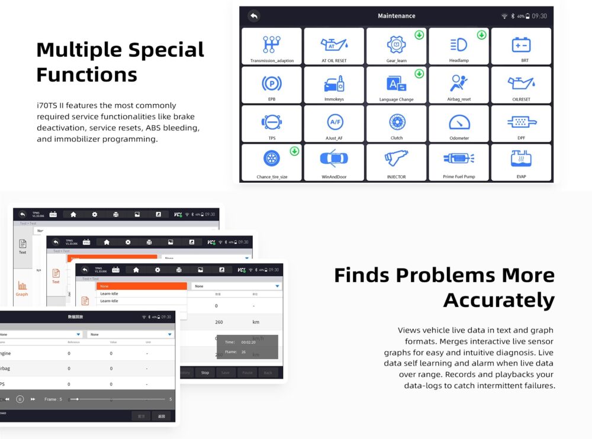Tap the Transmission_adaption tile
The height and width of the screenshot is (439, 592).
click(x=272, y=46)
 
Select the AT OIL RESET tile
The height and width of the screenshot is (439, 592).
click(x=334, y=46)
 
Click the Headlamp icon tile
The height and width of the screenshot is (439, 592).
click(x=458, y=46)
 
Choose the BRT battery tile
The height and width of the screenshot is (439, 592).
click(x=521, y=46)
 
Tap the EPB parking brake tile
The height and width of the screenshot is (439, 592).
click(x=272, y=85)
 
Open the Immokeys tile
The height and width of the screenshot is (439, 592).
click(x=334, y=85)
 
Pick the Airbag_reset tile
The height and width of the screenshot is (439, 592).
click(x=458, y=85)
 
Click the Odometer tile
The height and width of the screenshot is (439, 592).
click(x=458, y=124)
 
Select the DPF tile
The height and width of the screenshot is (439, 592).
click(x=521, y=124)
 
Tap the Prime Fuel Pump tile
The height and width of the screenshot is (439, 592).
click(x=458, y=162)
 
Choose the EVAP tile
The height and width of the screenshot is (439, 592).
click(x=521, y=162)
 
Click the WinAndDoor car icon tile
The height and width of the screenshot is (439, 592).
click(x=334, y=162)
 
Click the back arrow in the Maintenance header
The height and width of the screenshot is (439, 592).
click(x=254, y=16)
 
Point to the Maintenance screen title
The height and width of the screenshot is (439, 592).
click(x=397, y=16)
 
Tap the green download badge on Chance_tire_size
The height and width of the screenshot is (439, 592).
click(x=294, y=151)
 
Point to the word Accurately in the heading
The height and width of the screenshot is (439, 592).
click(x=498, y=300)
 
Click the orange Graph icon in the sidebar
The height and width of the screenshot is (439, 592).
click(x=22, y=286)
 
